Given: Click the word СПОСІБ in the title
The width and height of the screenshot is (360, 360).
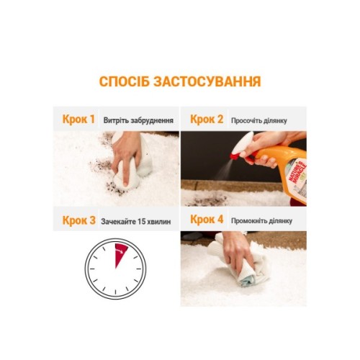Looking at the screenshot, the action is click(x=125, y=81).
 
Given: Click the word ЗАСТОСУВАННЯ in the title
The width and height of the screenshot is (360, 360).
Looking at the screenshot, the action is click(x=207, y=81).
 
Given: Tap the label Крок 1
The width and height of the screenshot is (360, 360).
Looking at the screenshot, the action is click(x=78, y=120).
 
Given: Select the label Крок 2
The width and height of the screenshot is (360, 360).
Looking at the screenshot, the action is click(x=207, y=120).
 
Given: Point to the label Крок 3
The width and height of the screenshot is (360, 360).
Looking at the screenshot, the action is click(x=78, y=220).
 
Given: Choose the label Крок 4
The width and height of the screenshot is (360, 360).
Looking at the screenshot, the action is click(x=207, y=220).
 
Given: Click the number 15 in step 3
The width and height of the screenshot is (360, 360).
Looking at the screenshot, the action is click(x=142, y=222).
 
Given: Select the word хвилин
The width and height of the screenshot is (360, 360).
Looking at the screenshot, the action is click(x=159, y=222).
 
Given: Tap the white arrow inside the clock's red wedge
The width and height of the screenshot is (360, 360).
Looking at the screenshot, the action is click(x=120, y=251).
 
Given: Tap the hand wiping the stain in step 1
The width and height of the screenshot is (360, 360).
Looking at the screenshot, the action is click(x=127, y=156).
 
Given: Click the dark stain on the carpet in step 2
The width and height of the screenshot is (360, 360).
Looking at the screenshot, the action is click(x=207, y=199).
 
